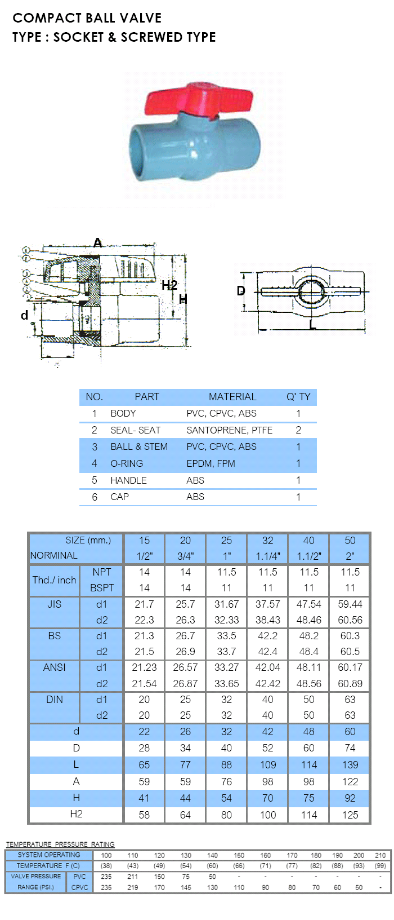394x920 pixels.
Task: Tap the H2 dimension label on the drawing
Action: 169,285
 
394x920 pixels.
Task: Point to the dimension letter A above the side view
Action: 98,243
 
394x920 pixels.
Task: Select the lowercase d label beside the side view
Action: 24,315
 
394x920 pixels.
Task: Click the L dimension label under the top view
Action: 312,325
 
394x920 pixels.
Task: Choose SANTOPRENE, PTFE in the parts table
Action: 229,430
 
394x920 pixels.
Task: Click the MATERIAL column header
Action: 232,397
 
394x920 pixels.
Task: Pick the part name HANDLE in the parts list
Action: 128,480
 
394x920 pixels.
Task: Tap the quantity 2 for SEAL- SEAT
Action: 298,430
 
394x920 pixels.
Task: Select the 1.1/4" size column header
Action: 268,556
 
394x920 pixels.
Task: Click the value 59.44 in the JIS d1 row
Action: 350,604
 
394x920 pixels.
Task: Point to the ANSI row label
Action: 54,667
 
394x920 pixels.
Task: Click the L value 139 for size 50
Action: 350,765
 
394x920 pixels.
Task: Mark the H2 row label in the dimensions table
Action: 76,814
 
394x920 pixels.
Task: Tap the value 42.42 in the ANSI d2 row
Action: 268,683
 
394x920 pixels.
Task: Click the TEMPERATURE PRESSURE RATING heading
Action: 60,844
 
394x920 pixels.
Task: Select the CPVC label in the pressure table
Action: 80,887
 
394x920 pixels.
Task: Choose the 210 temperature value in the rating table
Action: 380,855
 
